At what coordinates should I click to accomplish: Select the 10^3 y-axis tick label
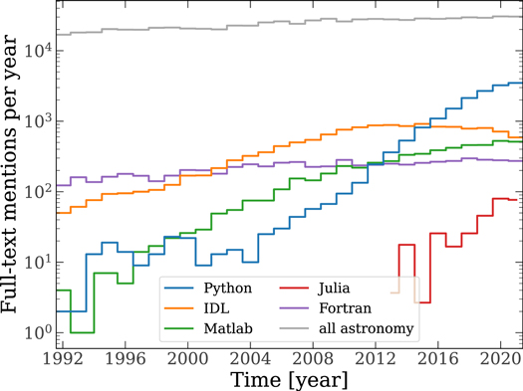[x=38, y=121]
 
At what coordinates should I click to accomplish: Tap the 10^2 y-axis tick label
[x=38, y=192]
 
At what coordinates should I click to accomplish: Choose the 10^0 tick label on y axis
[x=38, y=333]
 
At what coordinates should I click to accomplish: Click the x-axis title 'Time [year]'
[x=289, y=379]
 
